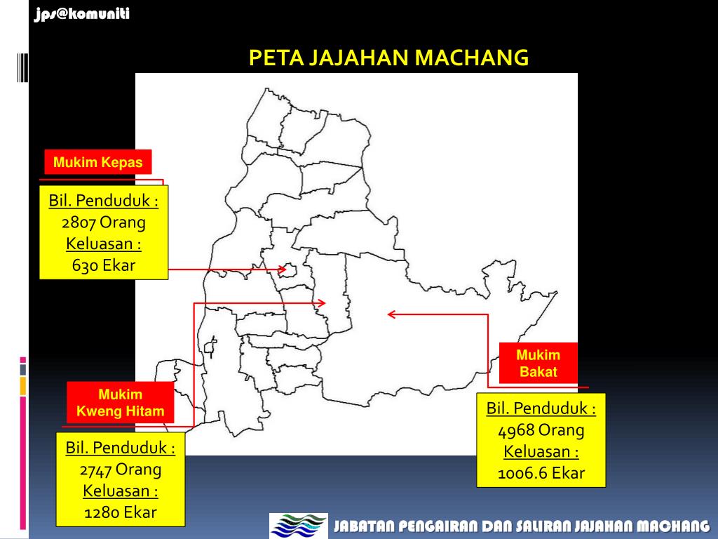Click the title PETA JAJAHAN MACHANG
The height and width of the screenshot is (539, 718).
(x=388, y=58)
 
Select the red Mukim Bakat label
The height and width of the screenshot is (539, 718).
(x=538, y=364)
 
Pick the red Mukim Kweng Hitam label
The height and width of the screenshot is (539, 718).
(x=120, y=403)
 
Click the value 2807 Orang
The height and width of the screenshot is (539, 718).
(x=103, y=223)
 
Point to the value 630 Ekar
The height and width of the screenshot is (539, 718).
(x=103, y=265)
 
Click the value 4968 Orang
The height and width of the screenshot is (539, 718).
(x=541, y=430)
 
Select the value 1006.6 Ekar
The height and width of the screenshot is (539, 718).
(x=541, y=473)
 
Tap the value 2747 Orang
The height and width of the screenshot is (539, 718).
(x=120, y=469)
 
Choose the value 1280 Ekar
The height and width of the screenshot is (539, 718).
(x=120, y=512)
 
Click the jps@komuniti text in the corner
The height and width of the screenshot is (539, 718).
(x=82, y=13)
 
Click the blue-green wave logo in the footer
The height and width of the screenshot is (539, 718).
(x=299, y=526)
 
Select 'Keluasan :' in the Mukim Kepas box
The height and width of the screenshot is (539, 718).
(x=103, y=244)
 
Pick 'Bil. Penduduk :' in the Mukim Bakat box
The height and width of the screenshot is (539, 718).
(x=541, y=408)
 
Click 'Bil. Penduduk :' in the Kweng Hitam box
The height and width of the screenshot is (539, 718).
(x=120, y=447)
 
